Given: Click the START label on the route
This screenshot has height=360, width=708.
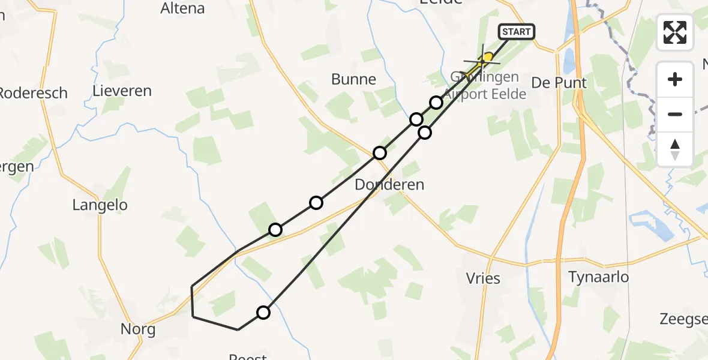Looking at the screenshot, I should coord(516,32).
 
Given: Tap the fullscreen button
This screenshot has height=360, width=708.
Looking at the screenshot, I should coord(675,32).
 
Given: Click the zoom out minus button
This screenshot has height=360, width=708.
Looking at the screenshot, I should coord(675,114).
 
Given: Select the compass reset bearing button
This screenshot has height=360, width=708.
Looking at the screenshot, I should coord(675,149).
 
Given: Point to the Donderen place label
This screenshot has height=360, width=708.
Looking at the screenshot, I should coord(389,185).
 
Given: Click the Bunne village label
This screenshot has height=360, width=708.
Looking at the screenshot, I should coord(354,79).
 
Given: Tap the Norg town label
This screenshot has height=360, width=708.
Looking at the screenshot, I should coord(138,329).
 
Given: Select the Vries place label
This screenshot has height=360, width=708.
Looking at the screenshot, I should coord(483,278).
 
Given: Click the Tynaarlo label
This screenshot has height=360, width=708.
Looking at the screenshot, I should coord(599,277).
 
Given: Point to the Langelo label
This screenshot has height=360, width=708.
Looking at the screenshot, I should coord(100,205).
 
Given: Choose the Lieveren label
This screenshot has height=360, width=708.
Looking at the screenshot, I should coord(122,91).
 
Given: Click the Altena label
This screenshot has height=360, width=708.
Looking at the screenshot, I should coord(183,8).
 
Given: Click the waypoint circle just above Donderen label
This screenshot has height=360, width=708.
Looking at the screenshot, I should coord(379,153).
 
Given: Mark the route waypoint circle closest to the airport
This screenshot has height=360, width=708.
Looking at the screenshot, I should coord(436,103).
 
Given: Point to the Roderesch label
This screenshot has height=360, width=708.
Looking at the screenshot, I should coord(33,94).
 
